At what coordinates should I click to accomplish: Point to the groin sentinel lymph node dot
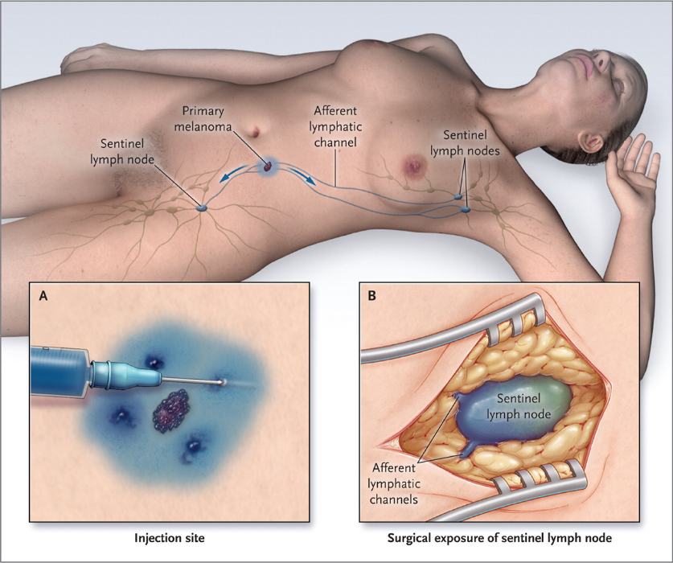point(202,208)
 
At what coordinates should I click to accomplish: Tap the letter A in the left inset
point(43,296)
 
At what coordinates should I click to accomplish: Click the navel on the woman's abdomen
point(255,129)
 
